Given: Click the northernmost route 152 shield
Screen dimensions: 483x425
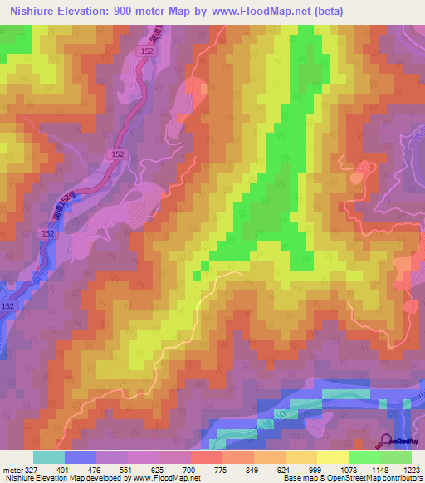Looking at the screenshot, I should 146,51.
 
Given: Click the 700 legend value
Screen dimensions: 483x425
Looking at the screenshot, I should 190,470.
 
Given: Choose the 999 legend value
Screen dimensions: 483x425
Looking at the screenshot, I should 315,470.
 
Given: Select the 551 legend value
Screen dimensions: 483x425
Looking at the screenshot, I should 127,470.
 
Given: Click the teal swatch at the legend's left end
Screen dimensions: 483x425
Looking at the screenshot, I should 49,457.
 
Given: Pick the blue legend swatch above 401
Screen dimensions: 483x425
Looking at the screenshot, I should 81,457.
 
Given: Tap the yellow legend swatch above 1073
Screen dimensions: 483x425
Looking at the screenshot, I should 333,457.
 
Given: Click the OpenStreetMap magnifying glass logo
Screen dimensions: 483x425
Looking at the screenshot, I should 386,442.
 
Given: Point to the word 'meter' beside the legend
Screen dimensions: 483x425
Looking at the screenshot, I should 11,470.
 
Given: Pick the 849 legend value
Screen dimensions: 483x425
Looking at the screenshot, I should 252,470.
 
